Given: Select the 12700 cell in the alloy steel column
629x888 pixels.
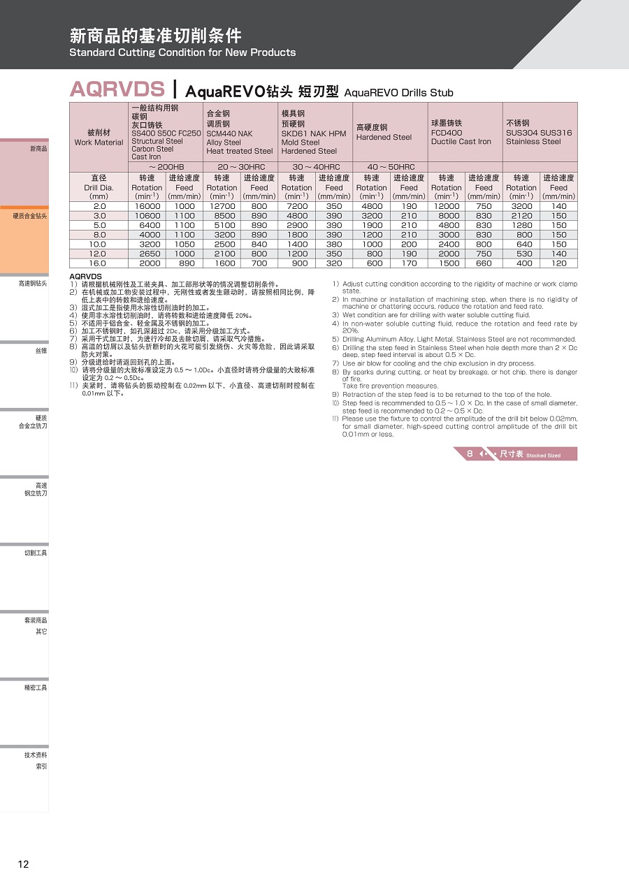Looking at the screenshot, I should [222, 206].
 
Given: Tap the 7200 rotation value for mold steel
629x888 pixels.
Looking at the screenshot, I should [296, 206].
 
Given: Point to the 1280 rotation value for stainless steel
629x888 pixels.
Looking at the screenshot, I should [521, 225].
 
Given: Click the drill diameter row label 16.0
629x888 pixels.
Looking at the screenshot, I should [99, 263].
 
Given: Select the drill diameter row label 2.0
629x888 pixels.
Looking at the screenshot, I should [99, 206].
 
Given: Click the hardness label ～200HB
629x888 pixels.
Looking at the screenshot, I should [166, 167].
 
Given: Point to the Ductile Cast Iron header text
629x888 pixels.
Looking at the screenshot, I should [461, 141].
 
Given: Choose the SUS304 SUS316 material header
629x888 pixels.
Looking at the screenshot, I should [539, 133].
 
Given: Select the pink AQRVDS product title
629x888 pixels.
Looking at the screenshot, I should [117, 89].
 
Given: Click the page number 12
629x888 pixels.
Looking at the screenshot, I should [23, 864].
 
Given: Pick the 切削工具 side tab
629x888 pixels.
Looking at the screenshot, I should [36, 553].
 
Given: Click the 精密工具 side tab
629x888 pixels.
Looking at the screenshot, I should [36, 687].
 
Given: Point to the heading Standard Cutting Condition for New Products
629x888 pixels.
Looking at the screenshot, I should [182, 52].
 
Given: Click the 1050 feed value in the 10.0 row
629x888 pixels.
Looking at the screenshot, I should [185, 245].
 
